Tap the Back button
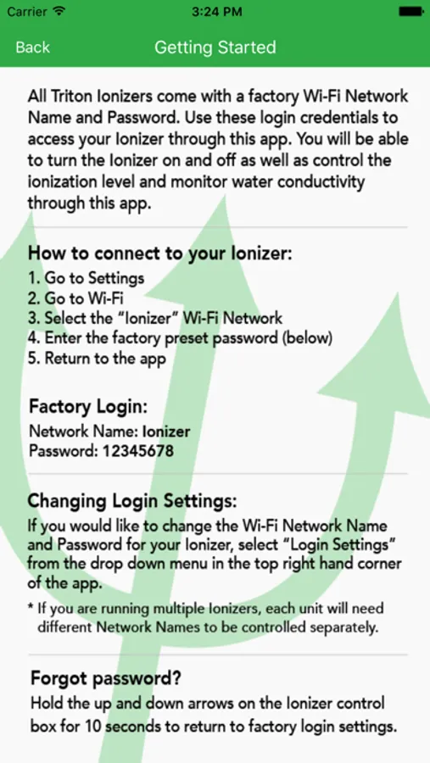(32, 47)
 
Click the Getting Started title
(215, 47)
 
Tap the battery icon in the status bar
(411, 12)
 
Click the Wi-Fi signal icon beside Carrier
(59, 12)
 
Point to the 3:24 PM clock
(217, 12)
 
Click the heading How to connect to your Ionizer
(160, 253)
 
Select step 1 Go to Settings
(87, 278)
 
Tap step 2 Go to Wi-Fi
(76, 298)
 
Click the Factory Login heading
(88, 406)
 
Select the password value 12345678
(137, 451)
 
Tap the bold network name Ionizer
(166, 432)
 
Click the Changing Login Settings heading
(132, 501)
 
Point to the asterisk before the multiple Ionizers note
(31, 607)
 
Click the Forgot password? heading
(106, 678)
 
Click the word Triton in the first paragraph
(70, 96)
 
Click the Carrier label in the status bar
(27, 12)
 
